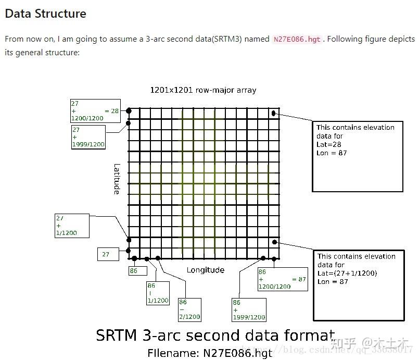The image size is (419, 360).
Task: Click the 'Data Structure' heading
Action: pos(45,14)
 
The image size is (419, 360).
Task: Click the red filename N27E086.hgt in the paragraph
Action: pos(298,40)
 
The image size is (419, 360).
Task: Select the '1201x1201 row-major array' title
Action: pos(203,90)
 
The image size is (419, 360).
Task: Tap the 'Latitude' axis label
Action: pos(117,179)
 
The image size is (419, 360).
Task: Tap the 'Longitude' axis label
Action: pos(206,270)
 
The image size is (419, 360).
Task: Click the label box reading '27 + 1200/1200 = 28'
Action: pos(95,111)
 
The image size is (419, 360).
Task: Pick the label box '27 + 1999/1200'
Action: pos(88,137)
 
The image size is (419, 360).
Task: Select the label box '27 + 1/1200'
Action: pos(72,226)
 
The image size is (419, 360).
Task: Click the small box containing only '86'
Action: pos(134,271)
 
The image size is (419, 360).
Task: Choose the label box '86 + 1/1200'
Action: pos(158,293)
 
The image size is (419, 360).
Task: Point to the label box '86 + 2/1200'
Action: pos(189,309)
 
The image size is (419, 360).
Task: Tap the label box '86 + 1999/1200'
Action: pos(249,309)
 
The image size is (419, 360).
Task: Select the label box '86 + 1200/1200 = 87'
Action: pos(282,279)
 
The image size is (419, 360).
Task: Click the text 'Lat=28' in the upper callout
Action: pos(328,145)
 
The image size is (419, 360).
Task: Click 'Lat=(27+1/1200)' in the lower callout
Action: pos(347,274)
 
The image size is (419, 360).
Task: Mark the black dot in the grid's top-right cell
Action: pos(274,114)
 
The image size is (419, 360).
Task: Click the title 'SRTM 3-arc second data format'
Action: pos(215,336)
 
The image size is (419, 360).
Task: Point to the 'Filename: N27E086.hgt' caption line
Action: pos(210,353)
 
